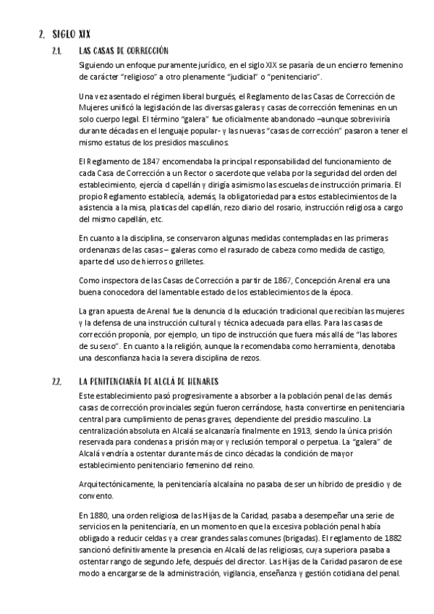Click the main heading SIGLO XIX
(71, 33)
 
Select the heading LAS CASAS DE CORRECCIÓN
(124, 51)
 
